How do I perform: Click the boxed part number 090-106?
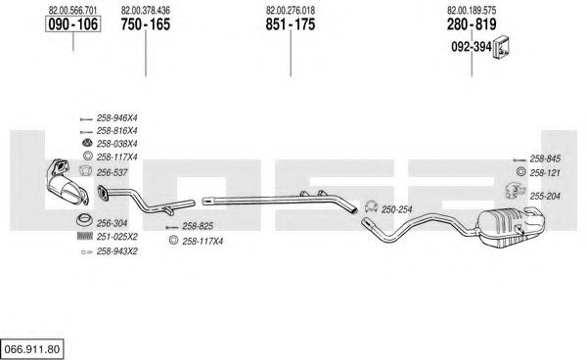tap(73, 24)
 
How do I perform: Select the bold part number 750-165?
tap(145, 24)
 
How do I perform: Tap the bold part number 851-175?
tap(291, 24)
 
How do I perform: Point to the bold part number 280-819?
tap(472, 24)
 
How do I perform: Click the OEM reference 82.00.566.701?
tap(72, 11)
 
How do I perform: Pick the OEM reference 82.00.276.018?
tap(291, 11)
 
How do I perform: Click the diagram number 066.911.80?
tap(32, 349)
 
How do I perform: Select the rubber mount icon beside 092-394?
tap(502, 48)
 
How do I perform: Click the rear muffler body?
tap(511, 227)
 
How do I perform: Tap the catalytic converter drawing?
tap(68, 182)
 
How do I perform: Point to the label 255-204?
tap(545, 196)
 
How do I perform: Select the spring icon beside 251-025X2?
tap(84, 236)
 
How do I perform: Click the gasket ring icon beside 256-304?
tap(84, 220)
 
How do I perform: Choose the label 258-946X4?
tap(116, 118)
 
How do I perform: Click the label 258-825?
tap(198, 226)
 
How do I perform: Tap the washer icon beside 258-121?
tap(519, 172)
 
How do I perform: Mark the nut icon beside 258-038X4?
tap(87, 143)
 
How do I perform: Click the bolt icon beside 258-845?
tap(519, 159)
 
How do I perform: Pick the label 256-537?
tap(112, 173)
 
